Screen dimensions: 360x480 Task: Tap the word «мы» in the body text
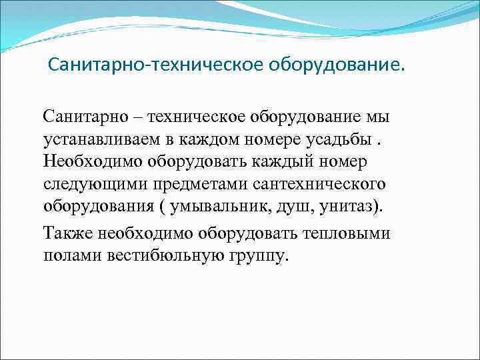pos(374,117)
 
